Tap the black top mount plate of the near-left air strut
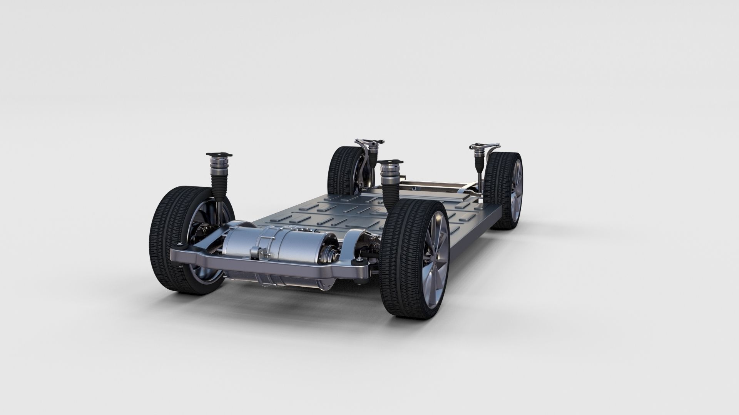[x=220, y=154]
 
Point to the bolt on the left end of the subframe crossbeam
[x=179, y=245]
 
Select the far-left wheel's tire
[x=337, y=169]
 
